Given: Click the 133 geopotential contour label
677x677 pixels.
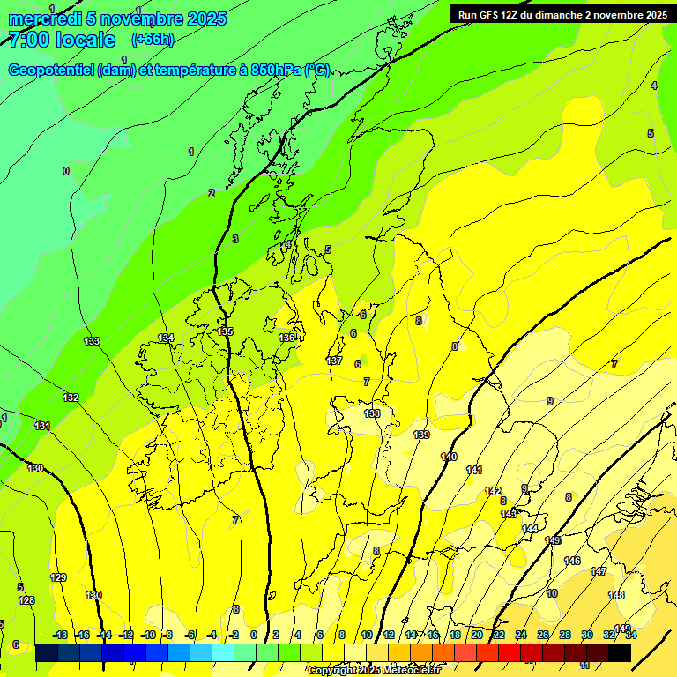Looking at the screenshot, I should tap(92, 341).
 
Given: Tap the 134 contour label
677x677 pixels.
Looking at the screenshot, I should tap(166, 338).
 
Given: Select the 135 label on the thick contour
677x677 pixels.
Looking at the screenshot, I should tap(226, 331).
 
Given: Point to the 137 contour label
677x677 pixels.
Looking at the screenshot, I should tap(334, 361).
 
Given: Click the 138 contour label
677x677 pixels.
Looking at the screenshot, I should tap(372, 413).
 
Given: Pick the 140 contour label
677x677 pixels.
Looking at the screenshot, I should tap(449, 457).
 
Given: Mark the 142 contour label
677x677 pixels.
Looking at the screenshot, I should tap(493, 491).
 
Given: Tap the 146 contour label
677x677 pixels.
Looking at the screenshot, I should tap(572, 561).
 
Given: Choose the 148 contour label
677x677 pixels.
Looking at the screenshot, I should tap(616, 595).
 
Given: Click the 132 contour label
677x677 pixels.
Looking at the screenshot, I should tap(71, 398).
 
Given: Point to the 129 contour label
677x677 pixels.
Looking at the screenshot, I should tap(58, 577).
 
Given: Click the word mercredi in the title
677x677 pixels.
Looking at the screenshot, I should tap(44, 19).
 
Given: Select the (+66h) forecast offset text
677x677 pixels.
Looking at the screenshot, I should tap(153, 40).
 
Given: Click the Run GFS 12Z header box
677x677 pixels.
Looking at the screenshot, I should tap(562, 14).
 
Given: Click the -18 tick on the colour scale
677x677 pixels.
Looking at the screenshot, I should tap(60, 635).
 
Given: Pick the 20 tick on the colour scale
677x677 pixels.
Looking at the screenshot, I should tap(477, 635).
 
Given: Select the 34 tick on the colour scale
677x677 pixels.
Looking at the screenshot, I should tap(631, 635).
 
